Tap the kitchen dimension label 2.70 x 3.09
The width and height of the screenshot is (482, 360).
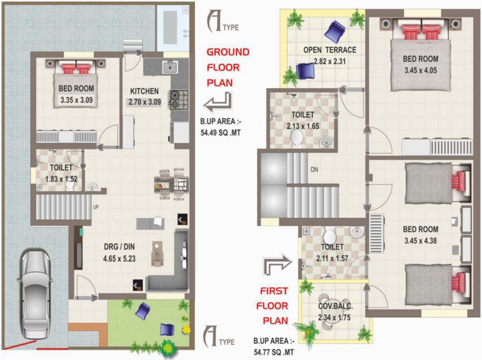[145, 101]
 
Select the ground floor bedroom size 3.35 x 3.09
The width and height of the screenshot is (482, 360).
[76, 99]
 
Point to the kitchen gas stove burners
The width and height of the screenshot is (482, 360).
[179, 99]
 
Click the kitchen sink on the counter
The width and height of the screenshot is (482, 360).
[169, 67]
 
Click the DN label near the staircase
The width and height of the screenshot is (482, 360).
[314, 170]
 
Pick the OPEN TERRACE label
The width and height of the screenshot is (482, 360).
[330, 50]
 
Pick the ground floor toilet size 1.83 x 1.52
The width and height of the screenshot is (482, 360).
[61, 179]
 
